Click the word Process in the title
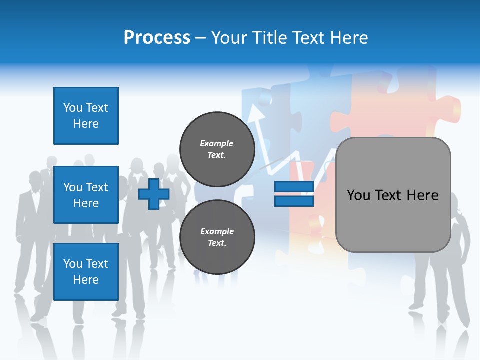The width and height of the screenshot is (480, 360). (157, 37)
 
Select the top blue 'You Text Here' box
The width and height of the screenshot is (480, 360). (86, 116)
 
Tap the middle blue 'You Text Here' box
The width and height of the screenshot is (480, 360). (86, 195)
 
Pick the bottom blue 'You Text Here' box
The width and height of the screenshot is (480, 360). (86, 272)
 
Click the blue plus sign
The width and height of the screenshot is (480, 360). (154, 194)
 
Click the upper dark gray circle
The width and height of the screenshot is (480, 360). (217, 148)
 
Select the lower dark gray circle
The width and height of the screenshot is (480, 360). (217, 237)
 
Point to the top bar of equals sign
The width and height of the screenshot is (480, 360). (294, 187)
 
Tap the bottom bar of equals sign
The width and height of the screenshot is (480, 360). (294, 201)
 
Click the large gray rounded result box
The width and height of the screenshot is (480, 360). (393, 220)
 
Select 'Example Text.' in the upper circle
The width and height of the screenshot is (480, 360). (217, 149)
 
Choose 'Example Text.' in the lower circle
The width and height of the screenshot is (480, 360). (217, 237)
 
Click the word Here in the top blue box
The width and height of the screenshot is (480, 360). (86, 124)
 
